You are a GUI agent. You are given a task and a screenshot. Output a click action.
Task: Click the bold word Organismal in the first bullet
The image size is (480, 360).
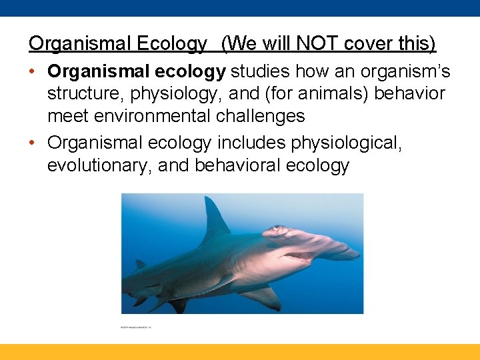93,71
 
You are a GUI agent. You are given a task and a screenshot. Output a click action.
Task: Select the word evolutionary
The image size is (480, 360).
99,165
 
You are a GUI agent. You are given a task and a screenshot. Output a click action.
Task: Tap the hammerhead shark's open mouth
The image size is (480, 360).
297,257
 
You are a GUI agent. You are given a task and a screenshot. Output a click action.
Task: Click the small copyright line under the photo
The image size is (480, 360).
136,328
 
